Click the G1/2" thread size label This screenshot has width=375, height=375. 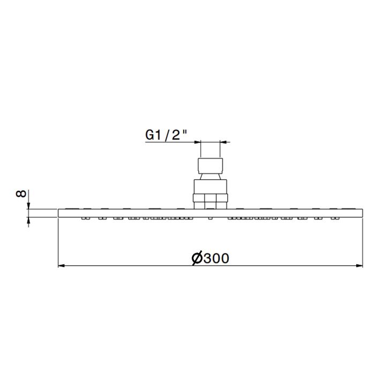(166, 136)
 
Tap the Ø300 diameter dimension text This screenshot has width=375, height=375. (210, 258)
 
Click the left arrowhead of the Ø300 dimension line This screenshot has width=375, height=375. (62, 265)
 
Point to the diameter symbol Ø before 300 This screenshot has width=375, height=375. (196, 258)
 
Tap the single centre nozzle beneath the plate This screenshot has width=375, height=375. (209, 219)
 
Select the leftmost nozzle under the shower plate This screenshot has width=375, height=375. (85, 219)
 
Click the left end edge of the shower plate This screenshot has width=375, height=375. (58, 213)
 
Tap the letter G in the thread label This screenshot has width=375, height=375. (151, 136)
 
